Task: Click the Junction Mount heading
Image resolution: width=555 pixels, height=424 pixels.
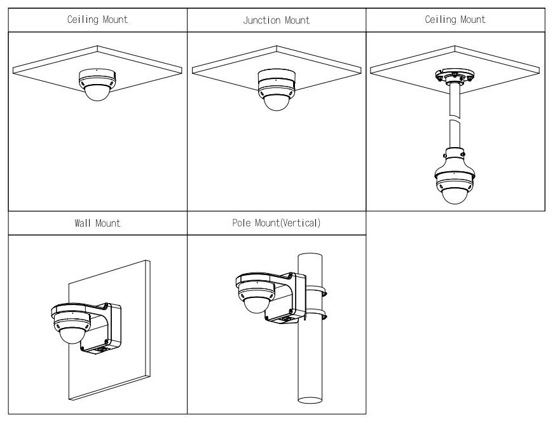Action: tap(276, 20)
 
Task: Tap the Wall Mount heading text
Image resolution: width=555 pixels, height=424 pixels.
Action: tap(97, 223)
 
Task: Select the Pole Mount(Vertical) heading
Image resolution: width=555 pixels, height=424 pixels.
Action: tap(276, 223)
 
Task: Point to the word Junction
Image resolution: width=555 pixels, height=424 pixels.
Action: tap(262, 20)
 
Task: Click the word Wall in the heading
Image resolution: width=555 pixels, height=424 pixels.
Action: tap(84, 223)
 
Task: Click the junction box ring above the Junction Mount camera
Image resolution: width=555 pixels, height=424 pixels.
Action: tap(276, 79)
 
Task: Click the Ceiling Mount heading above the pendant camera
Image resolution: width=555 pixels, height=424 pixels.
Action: tap(455, 20)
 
